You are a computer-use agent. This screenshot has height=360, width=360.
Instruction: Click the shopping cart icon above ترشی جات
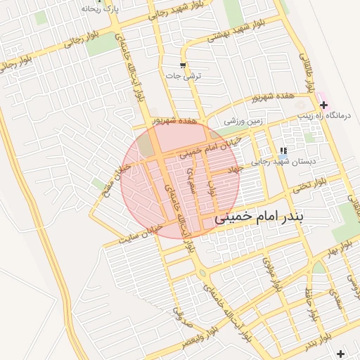coord(183,65)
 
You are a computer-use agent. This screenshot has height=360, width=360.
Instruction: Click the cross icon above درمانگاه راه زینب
coord(323,105)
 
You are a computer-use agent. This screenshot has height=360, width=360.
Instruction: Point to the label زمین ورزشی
coord(243,121)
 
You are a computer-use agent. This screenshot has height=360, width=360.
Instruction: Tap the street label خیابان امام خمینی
coord(209,146)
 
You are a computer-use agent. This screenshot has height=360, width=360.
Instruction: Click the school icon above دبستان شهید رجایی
coord(283,150)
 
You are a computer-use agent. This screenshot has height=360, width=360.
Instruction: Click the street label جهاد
coord(233,169)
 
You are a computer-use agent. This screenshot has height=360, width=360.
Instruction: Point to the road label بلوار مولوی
coord(271,271)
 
